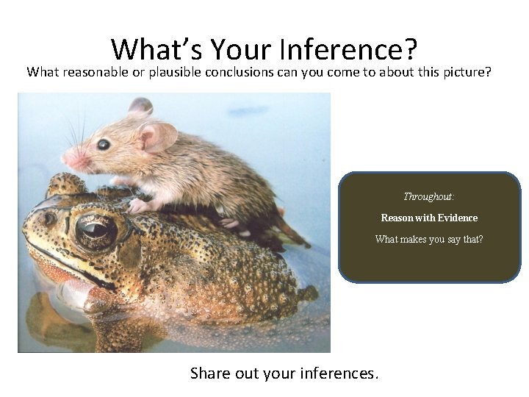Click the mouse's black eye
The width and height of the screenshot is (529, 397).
point(104,144)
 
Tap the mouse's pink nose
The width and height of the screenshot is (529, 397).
point(67,157)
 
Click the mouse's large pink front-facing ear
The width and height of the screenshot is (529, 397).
point(158,137)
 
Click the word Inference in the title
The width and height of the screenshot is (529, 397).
point(348,49)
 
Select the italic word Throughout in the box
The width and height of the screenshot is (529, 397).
point(429,197)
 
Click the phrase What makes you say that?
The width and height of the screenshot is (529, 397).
point(429,239)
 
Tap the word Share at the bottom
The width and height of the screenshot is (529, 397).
point(210,373)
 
